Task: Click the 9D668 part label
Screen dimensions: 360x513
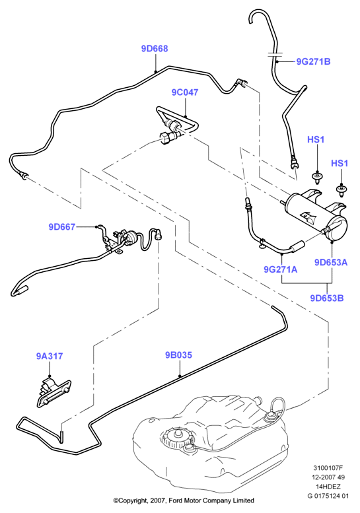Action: (155, 49)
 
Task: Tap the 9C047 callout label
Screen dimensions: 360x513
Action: (185, 92)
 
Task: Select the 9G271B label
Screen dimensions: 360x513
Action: (313, 61)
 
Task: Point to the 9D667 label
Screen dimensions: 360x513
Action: (62, 226)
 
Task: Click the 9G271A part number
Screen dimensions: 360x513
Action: (281, 269)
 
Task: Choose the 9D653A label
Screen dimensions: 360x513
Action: (331, 262)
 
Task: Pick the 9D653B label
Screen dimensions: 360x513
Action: (327, 298)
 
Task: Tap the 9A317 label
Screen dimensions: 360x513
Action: (50, 356)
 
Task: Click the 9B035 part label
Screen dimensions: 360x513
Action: (178, 355)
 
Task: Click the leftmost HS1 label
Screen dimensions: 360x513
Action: (316, 140)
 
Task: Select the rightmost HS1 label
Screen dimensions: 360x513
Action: (340, 163)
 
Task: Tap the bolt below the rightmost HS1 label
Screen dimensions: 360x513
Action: (342, 191)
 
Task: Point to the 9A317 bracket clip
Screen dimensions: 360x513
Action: (54, 392)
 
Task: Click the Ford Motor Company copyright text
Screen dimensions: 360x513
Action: (184, 500)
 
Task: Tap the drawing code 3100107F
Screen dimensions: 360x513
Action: (328, 468)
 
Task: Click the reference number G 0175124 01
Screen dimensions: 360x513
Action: (328, 496)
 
